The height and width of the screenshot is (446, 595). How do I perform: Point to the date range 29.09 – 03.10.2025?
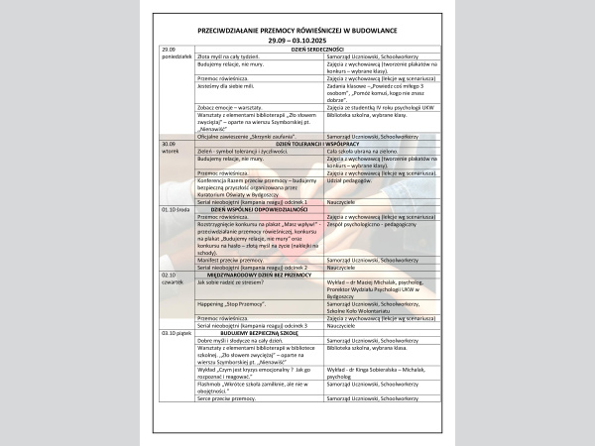click(297, 40)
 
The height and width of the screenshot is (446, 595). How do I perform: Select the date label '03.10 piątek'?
click(177, 333)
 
